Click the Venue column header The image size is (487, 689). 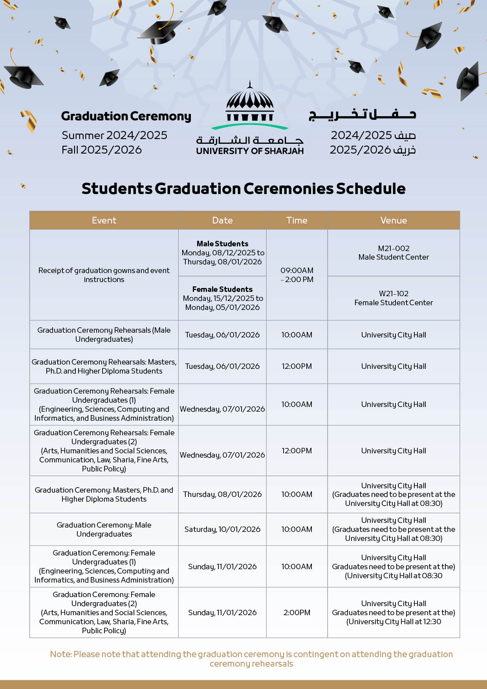[x=394, y=220]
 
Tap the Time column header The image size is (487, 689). [x=297, y=220]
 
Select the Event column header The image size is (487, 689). [x=104, y=220]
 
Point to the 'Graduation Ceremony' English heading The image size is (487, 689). [x=126, y=116]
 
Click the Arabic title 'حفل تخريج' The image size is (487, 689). [x=362, y=114]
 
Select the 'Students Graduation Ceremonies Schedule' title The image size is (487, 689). [x=243, y=189]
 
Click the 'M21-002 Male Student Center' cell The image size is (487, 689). [x=394, y=253]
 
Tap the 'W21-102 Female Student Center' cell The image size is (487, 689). [x=394, y=298]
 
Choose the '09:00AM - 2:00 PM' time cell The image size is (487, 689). [x=297, y=275]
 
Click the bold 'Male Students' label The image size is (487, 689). [x=222, y=244]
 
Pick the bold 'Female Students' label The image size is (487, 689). [x=222, y=289]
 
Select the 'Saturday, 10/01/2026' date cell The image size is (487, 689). [x=222, y=529]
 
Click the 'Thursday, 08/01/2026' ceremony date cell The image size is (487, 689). [x=222, y=494]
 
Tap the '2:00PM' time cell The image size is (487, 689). [x=297, y=612]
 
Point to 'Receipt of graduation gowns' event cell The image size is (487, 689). [x=104, y=275]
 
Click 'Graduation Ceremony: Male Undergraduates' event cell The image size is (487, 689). [x=104, y=529]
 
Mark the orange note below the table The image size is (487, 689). [x=251, y=659]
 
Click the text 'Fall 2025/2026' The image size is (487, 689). [x=102, y=150]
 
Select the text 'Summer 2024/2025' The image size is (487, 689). [x=114, y=135]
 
